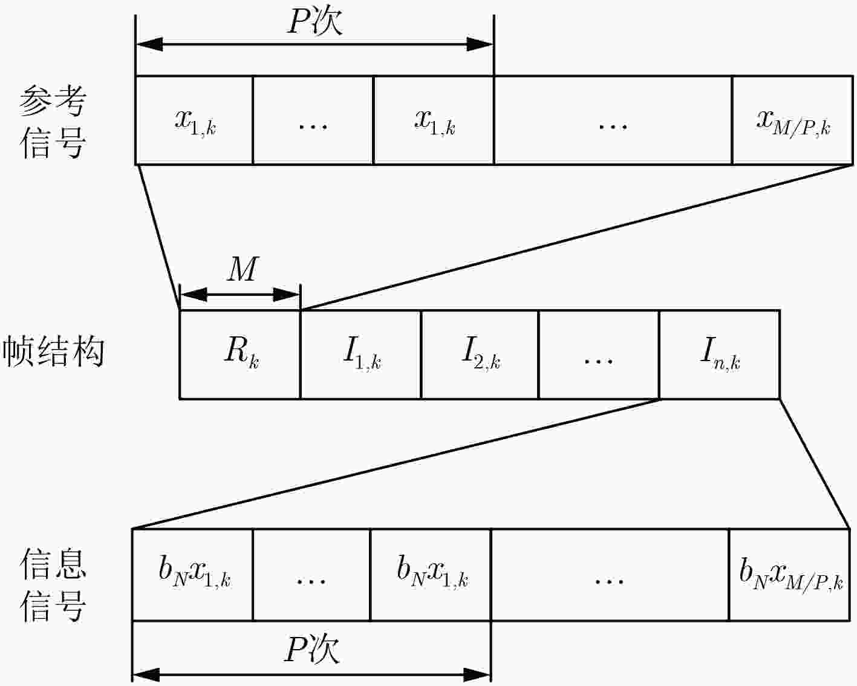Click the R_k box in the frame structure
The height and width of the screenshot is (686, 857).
point(240,354)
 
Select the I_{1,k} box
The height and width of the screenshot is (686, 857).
point(360,354)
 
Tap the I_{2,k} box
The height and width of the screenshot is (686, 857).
point(480,354)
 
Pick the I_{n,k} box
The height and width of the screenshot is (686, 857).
point(719,354)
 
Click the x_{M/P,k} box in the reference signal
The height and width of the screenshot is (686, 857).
point(792,120)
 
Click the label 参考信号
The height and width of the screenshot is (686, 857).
point(53,123)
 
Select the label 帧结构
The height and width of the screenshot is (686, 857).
point(53,352)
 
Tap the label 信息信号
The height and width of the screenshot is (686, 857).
point(53,585)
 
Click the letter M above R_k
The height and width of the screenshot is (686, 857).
point(243,269)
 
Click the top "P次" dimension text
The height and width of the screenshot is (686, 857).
point(314,22)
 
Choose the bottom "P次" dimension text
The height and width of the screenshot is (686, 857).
point(311,650)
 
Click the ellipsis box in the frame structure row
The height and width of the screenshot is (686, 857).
point(599,354)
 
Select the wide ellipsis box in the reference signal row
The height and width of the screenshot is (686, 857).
point(613,120)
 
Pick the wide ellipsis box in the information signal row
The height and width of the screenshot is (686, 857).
point(610,575)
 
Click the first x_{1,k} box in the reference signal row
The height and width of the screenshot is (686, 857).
point(194,120)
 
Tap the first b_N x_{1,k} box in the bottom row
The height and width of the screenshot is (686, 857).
point(192,575)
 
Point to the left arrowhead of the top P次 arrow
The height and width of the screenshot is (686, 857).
point(149,44)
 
